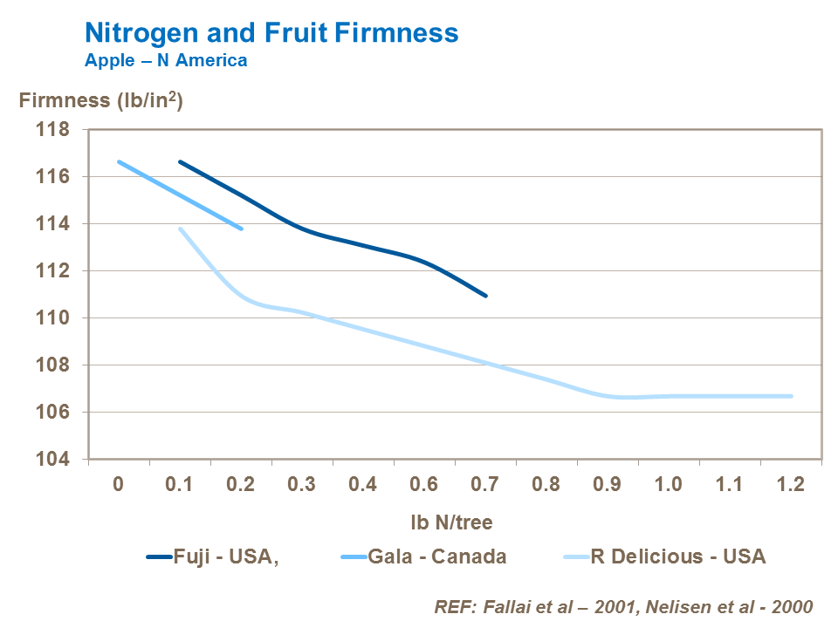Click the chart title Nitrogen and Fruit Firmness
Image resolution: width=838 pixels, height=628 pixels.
click(x=271, y=33)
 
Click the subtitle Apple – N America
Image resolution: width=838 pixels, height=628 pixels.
click(x=165, y=60)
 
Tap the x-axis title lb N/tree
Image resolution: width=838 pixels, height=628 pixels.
click(x=451, y=522)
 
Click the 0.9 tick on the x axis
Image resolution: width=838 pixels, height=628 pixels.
click(x=608, y=484)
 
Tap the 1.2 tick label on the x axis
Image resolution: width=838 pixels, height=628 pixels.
click(x=791, y=484)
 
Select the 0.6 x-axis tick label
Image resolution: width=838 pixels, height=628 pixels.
click(x=424, y=484)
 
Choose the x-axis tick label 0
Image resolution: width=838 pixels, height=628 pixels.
click(x=119, y=484)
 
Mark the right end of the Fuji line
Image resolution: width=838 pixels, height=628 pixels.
click(x=485, y=296)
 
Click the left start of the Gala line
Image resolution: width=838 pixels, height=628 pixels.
click(x=119, y=161)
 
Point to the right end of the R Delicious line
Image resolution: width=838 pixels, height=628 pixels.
click(x=791, y=396)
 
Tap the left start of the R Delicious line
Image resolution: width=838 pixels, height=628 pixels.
click(x=180, y=229)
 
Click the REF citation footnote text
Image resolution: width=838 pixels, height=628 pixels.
click(x=623, y=606)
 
